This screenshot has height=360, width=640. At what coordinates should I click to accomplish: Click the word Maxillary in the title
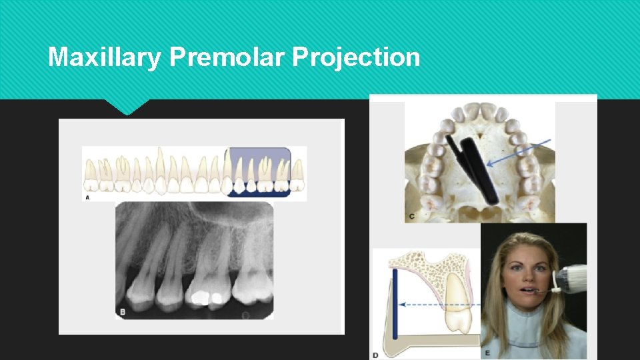(104, 57)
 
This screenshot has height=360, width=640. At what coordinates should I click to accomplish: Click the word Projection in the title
(356, 57)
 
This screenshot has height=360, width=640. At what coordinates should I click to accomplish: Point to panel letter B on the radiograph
(122, 311)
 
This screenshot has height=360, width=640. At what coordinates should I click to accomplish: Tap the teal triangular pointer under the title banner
(127, 107)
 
